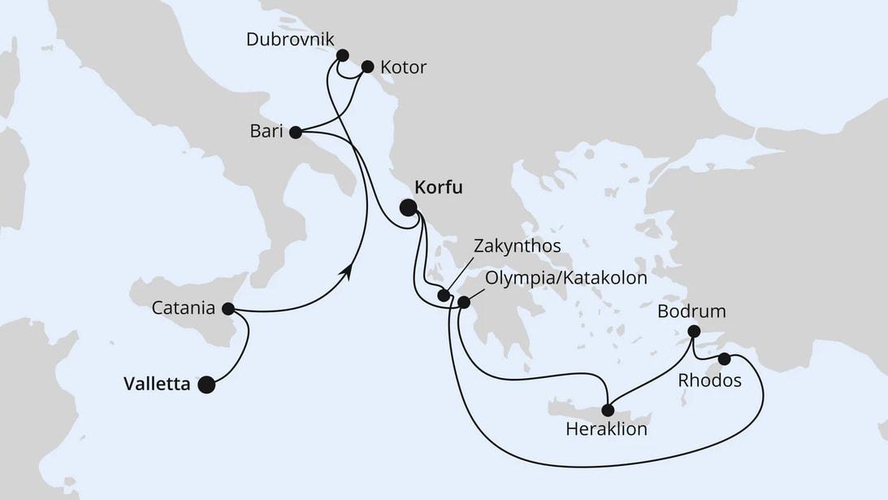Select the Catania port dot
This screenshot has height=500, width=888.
[x=228, y=309]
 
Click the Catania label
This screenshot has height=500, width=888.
[x=184, y=309]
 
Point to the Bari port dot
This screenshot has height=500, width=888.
[x=295, y=131]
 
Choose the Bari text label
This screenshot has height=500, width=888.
[x=266, y=131]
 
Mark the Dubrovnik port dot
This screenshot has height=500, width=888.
[x=342, y=55]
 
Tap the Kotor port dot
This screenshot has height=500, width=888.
[x=367, y=67]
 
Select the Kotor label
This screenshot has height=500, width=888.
[x=403, y=67]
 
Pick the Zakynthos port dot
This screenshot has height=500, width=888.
[x=444, y=296]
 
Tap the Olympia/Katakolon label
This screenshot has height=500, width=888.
[x=565, y=278]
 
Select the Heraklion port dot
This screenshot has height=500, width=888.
[x=608, y=410]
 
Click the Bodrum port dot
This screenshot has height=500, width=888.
[x=694, y=331]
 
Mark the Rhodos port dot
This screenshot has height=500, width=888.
[x=725, y=359]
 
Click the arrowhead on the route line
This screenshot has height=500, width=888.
[x=349, y=273]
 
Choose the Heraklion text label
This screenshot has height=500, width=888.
[x=607, y=429]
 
